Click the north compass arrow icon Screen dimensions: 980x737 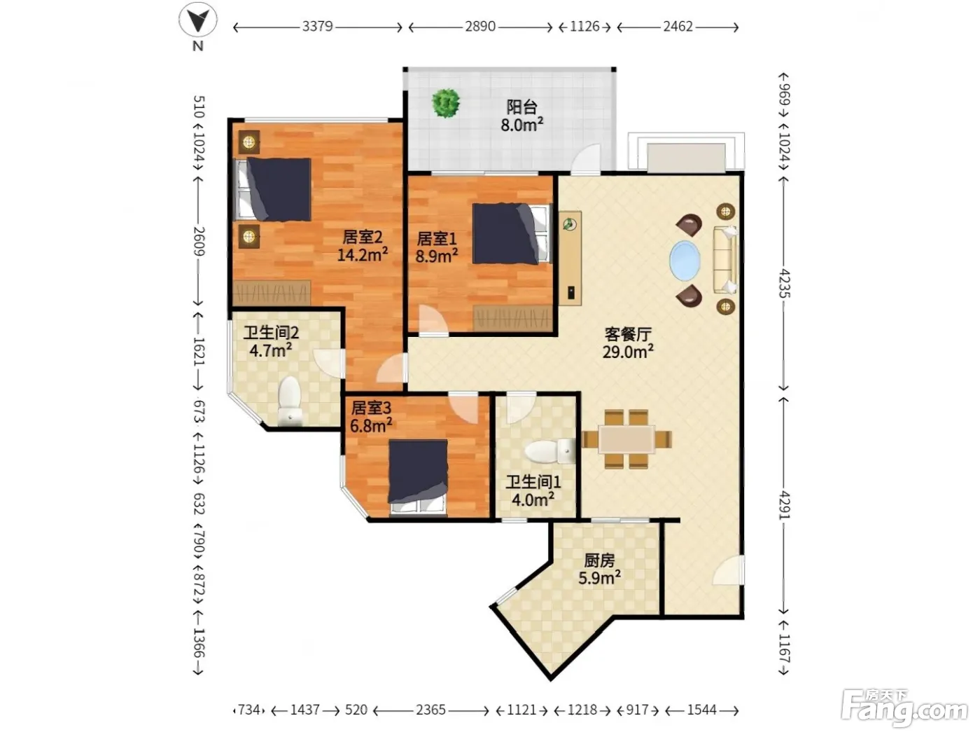[198, 20]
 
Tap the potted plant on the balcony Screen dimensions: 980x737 [446, 103]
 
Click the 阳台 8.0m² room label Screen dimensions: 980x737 [521, 116]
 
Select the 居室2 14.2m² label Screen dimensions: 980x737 [362, 246]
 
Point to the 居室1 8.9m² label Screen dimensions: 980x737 [437, 247]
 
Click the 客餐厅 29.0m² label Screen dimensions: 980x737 [628, 343]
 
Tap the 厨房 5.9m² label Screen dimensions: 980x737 [599, 569]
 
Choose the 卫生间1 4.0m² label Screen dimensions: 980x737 [533, 491]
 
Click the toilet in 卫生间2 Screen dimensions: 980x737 [290, 401]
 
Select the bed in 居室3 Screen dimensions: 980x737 [417, 476]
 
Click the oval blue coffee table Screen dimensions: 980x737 [685, 261]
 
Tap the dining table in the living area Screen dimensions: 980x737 [626, 439]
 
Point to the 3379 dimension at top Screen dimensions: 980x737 [317, 27]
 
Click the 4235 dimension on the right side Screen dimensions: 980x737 [784, 283]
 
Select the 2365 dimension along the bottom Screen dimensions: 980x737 [430, 710]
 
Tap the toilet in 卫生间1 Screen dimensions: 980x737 [550, 451]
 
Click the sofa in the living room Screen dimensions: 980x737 [725, 260]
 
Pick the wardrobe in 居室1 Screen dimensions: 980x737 [512, 319]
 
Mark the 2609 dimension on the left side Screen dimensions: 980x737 [199, 241]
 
